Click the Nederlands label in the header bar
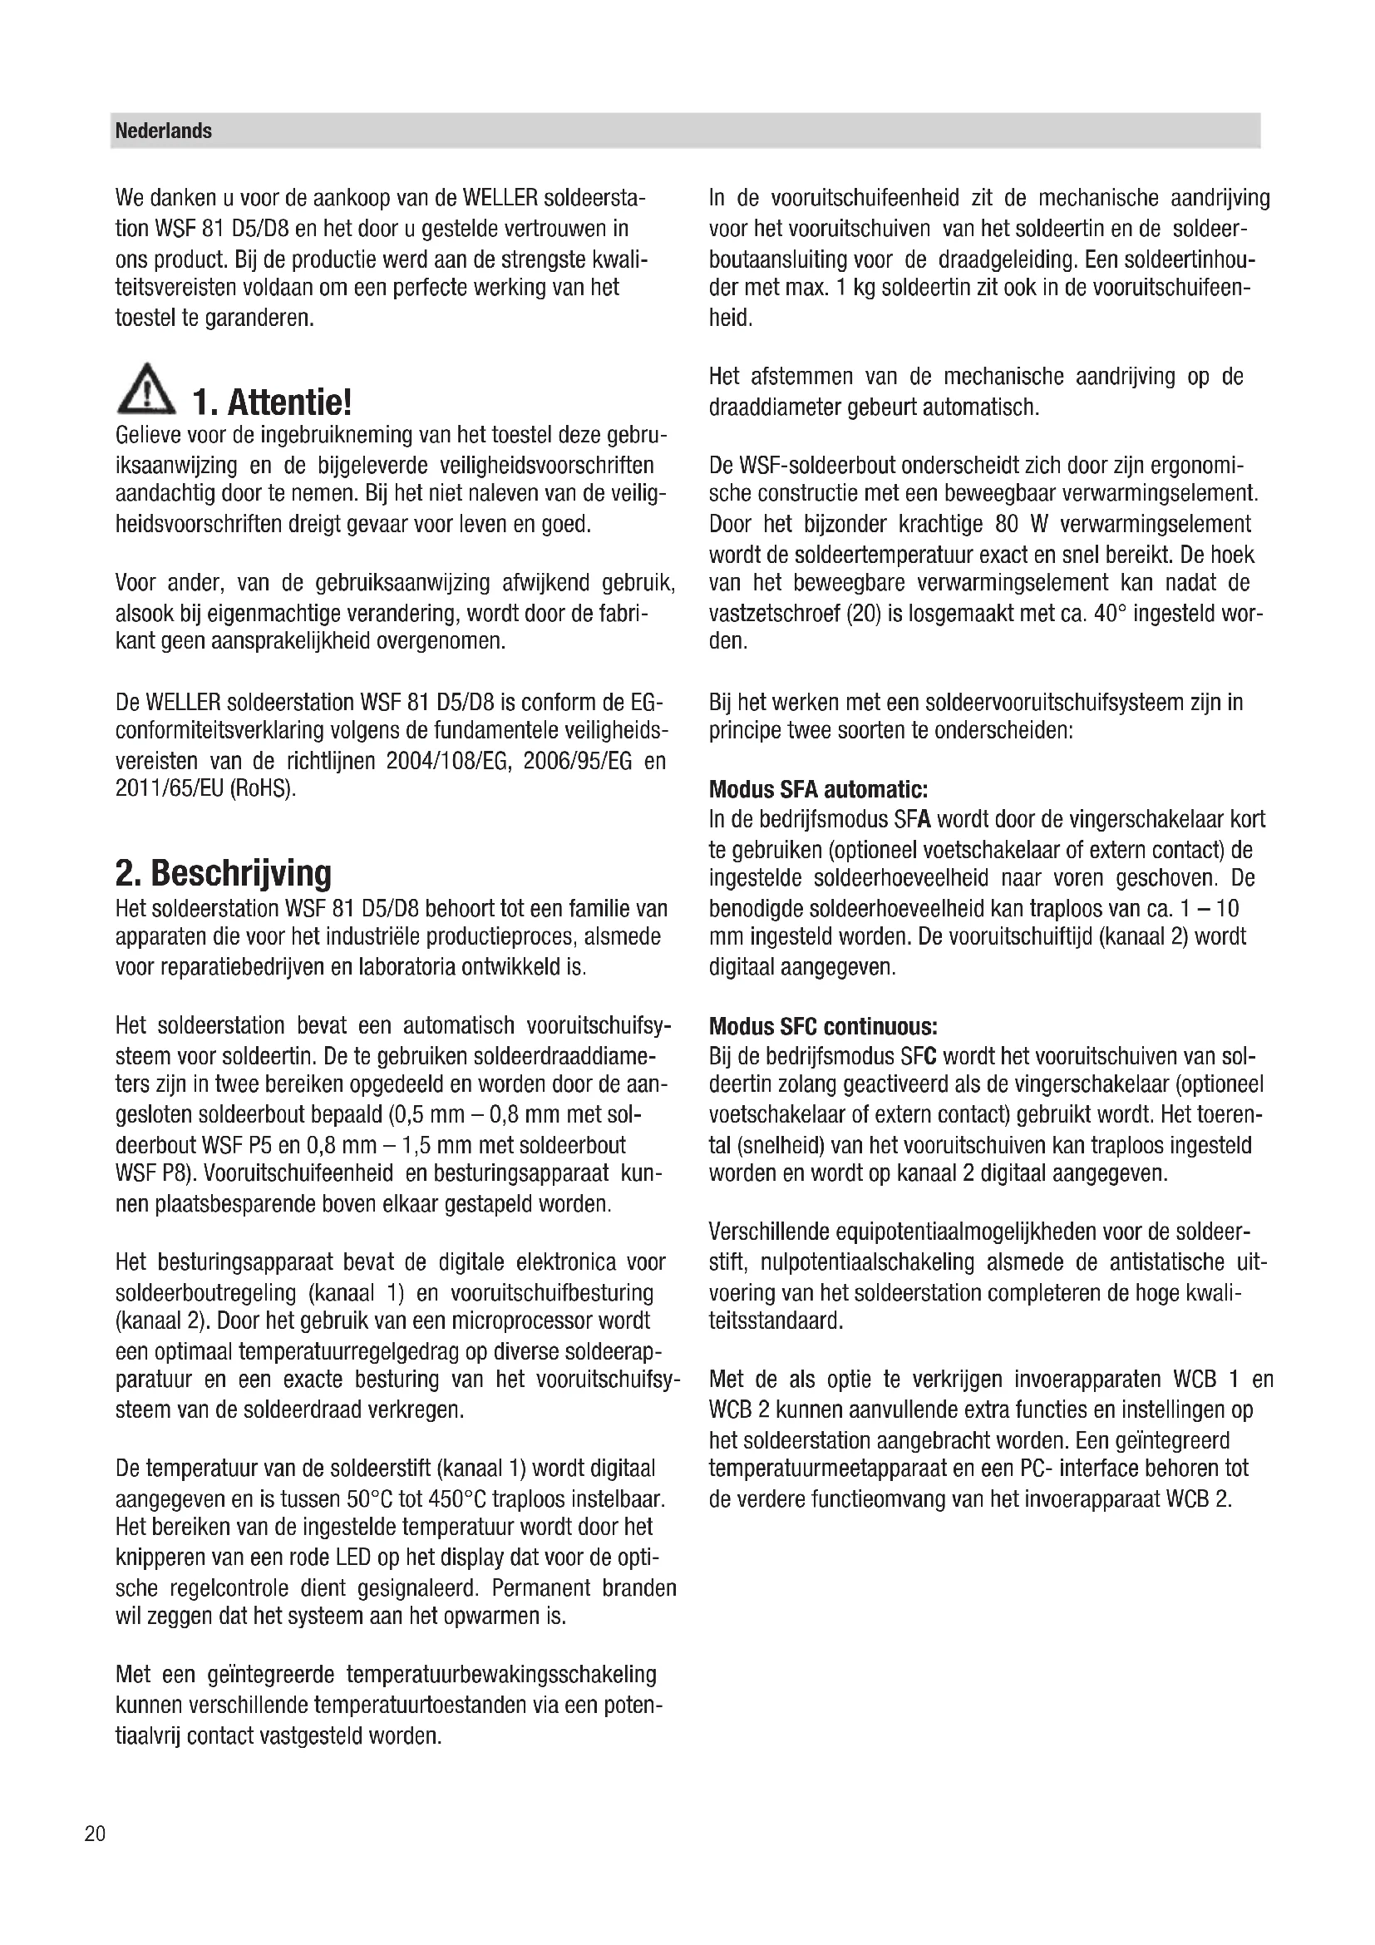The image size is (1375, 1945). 164,131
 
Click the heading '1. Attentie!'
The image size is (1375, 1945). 271,402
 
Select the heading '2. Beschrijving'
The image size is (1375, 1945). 224,872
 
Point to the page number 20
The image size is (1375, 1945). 95,1834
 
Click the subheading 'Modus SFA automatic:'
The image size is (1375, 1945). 818,789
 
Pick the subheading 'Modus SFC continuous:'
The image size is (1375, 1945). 823,1027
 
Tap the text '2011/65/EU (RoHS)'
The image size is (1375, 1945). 205,788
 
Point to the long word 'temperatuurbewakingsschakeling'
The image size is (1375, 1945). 501,1675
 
